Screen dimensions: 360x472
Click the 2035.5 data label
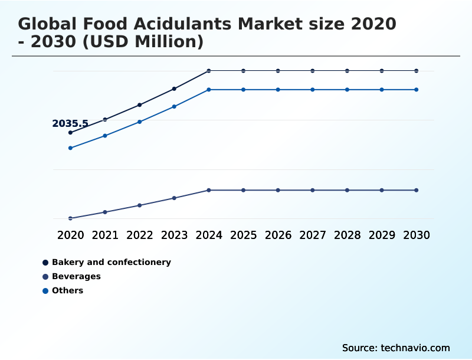point(70,124)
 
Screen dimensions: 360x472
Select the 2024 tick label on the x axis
point(209,235)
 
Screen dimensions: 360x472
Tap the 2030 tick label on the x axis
point(417,235)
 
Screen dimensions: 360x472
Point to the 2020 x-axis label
point(70,235)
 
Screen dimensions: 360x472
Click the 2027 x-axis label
point(313,235)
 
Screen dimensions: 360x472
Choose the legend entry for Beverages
point(76,276)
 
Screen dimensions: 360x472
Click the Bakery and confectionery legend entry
point(111,262)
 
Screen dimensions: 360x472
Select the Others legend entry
point(67,290)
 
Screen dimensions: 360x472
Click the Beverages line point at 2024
point(209,190)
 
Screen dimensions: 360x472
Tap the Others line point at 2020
point(70,148)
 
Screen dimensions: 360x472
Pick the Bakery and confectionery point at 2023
point(174,89)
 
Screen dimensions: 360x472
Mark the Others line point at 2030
point(417,90)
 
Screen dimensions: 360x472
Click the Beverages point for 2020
point(70,218)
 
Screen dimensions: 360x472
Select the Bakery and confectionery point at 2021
point(105,119)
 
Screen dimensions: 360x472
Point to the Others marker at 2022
point(140,122)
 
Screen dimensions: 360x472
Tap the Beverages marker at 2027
point(313,190)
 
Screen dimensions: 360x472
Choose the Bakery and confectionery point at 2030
point(417,71)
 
